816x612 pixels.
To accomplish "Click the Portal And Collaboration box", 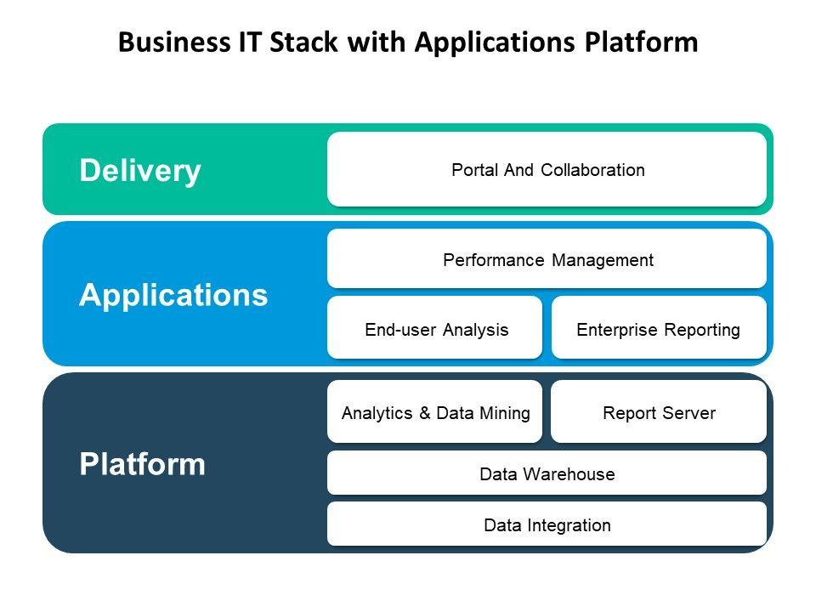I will click(x=547, y=169).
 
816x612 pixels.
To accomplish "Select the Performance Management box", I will click(x=547, y=259).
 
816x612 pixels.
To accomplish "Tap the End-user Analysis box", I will click(x=434, y=328).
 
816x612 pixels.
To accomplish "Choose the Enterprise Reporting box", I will click(x=658, y=328).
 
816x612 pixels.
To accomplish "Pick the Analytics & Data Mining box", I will click(x=434, y=412).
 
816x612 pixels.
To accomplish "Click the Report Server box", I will click(x=658, y=412).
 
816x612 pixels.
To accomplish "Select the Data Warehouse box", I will click(x=547, y=473).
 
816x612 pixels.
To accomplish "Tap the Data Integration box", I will click(x=547, y=524).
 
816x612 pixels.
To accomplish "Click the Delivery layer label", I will click(x=140, y=171).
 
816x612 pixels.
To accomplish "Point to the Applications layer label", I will click(x=173, y=295).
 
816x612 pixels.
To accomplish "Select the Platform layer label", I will click(x=142, y=464).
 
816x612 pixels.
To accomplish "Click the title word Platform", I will click(x=643, y=42).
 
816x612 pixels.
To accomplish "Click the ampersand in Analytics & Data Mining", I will click(x=425, y=413).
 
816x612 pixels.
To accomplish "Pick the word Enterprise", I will click(x=615, y=328).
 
